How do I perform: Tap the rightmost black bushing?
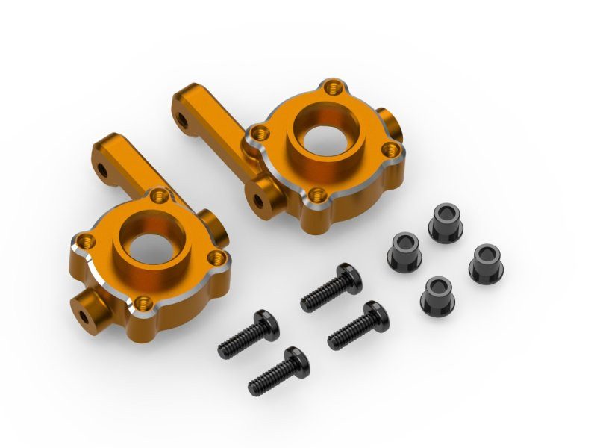tap(486, 262)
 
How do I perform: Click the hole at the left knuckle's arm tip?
tap(102, 172)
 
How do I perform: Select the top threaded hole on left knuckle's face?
tap(157, 196)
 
